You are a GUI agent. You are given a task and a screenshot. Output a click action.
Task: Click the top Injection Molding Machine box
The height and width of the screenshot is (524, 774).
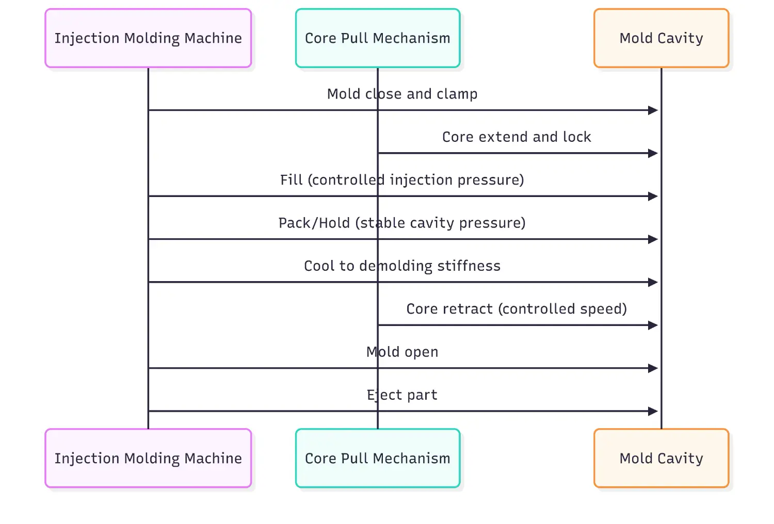pyautogui.click(x=148, y=38)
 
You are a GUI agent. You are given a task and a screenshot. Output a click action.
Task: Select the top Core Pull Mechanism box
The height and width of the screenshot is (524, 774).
pyautogui.click(x=377, y=38)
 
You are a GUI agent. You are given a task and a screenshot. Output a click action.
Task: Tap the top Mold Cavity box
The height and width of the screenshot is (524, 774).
pyautogui.click(x=661, y=38)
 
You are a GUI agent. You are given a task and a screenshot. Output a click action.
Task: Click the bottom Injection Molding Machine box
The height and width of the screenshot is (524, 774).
pyautogui.click(x=148, y=458)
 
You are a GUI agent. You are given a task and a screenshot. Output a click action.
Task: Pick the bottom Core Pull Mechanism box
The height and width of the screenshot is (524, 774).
pyautogui.click(x=377, y=458)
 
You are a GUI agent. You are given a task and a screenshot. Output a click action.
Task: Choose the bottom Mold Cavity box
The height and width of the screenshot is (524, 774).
pyautogui.click(x=661, y=458)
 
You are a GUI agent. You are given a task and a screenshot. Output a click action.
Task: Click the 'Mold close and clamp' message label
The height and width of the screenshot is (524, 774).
pyautogui.click(x=402, y=94)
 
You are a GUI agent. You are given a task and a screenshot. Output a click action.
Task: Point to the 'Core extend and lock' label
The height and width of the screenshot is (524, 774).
pyautogui.click(x=517, y=137)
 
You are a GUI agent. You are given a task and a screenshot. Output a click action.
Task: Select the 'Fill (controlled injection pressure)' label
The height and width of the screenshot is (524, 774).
pyautogui.click(x=402, y=180)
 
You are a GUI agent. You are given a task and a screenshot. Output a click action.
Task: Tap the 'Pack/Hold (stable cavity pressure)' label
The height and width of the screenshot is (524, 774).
pyautogui.click(x=402, y=223)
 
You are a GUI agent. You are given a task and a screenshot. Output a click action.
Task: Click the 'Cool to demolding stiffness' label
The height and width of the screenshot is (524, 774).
pyautogui.click(x=402, y=266)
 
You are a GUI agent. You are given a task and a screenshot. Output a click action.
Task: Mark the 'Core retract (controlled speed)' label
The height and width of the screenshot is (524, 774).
pyautogui.click(x=517, y=309)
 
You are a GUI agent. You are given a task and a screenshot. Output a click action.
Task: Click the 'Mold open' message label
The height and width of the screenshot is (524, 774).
pyautogui.click(x=402, y=352)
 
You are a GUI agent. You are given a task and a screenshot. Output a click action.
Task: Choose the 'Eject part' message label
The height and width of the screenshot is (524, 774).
pyautogui.click(x=402, y=395)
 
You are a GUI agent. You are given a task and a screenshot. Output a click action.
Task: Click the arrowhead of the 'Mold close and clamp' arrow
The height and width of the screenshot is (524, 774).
pyautogui.click(x=653, y=110)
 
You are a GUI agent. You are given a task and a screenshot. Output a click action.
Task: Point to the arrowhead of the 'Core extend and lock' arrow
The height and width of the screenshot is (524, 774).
pyautogui.click(x=653, y=153)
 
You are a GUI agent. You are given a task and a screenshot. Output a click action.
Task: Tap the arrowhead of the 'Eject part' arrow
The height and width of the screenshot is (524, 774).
pyautogui.click(x=653, y=411)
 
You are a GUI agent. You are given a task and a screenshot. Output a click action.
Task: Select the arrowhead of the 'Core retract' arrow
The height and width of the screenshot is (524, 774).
pyautogui.click(x=653, y=325)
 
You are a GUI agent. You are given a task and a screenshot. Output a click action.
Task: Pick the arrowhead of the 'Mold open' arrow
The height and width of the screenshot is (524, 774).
pyautogui.click(x=653, y=368)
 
